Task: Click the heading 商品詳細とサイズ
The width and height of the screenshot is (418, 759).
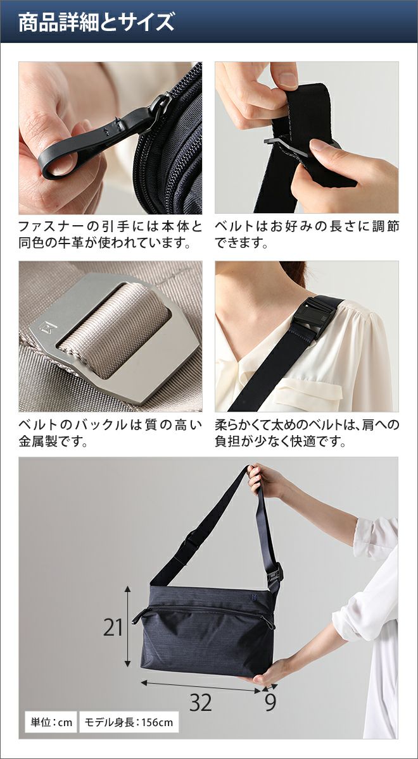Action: click(x=96, y=22)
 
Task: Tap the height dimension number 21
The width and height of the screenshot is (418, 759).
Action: click(x=113, y=627)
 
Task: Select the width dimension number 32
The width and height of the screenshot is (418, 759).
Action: click(x=201, y=703)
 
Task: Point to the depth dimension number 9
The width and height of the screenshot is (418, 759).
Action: click(x=270, y=703)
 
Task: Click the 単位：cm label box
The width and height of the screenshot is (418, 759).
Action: click(x=51, y=722)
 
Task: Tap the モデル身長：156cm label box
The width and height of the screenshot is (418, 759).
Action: click(x=129, y=722)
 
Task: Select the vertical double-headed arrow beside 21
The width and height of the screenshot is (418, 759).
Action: click(x=127, y=627)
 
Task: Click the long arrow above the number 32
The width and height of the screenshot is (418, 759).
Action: click(x=201, y=682)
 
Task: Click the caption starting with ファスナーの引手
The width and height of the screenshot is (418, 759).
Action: click(x=110, y=235)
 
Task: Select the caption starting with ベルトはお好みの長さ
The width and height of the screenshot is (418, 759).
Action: click(x=307, y=235)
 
